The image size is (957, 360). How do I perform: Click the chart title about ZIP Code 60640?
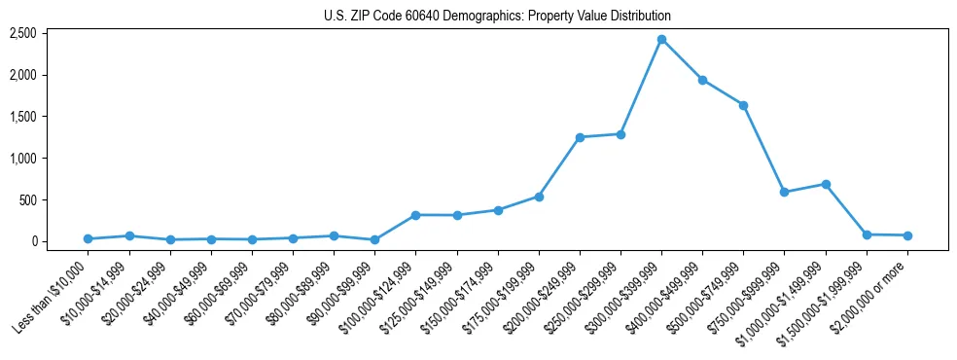tap(497, 16)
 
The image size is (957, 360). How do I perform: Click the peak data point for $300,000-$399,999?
tap(661, 40)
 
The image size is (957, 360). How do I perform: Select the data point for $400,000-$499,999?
tap(702, 80)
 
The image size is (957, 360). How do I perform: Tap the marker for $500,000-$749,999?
tap(743, 105)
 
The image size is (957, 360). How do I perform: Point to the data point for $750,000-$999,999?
tap(784, 192)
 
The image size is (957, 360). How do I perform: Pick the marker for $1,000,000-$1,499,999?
tap(826, 184)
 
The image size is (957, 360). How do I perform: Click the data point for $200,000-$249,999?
tap(580, 137)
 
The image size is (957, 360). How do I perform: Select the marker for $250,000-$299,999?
tap(620, 134)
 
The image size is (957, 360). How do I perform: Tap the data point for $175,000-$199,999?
tap(539, 197)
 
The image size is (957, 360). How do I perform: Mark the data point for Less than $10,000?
tap(89, 238)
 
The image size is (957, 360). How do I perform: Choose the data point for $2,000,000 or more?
tap(907, 235)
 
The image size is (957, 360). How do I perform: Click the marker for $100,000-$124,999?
tap(415, 215)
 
